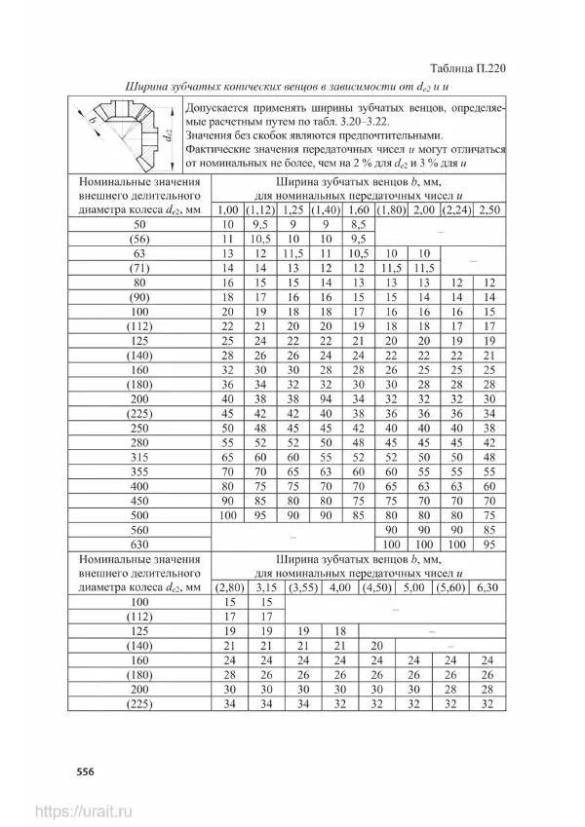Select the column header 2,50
(491, 209)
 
